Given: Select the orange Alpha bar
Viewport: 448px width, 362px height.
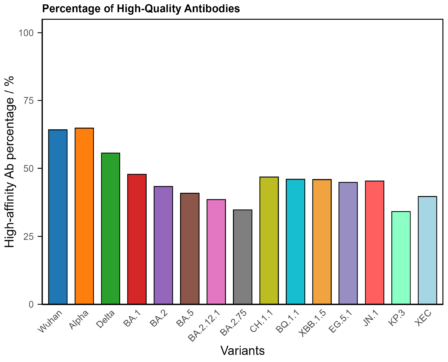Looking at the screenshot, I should pyautogui.click(x=84, y=216).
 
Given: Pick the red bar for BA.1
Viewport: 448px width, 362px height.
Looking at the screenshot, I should pyautogui.click(x=137, y=239).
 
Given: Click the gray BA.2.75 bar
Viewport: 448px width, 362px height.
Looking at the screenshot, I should pyautogui.click(x=243, y=257).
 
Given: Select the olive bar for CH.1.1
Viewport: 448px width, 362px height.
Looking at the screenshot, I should pyautogui.click(x=269, y=240).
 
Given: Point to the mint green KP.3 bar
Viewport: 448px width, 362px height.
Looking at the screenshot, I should pyautogui.click(x=401, y=258).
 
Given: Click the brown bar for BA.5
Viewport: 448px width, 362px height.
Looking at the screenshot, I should pyautogui.click(x=190, y=249).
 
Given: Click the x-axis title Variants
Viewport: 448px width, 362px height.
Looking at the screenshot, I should pyautogui.click(x=243, y=351).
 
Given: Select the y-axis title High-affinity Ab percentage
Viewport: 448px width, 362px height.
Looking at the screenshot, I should pyautogui.click(x=10, y=162).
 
